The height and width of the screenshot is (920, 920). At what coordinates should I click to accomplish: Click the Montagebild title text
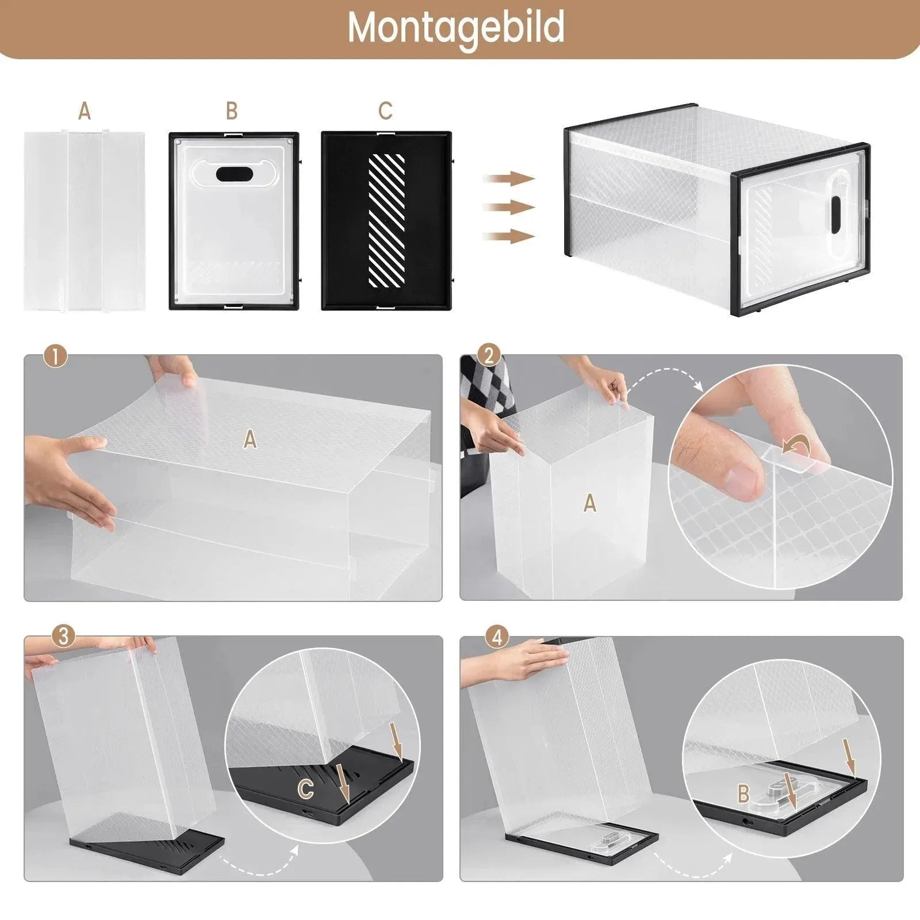coord(455,28)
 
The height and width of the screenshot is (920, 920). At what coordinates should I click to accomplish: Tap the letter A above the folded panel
coord(85,111)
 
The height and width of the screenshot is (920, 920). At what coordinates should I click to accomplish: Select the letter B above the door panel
coord(232,111)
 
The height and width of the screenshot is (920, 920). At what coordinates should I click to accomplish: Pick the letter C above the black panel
coord(385,111)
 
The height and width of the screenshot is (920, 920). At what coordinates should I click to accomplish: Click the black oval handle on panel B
coord(233,174)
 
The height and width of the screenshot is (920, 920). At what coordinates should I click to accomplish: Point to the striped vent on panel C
coord(386,220)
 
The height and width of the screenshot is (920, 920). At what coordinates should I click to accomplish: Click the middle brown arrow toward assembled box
coord(509,208)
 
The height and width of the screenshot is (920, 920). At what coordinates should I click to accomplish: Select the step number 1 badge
coord(55,357)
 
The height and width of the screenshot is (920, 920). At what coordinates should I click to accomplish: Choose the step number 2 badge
coord(489,356)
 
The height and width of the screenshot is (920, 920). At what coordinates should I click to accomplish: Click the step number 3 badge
coord(63,637)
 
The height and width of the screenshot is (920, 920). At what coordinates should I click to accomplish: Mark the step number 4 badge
coord(497,637)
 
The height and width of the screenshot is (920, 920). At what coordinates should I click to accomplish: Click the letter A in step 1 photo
coord(250,440)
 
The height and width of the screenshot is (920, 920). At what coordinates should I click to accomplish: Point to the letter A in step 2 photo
coord(589,504)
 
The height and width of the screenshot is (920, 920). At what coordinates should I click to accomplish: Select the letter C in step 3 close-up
coord(306,789)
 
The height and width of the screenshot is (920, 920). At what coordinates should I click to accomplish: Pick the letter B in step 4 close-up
coord(743,794)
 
